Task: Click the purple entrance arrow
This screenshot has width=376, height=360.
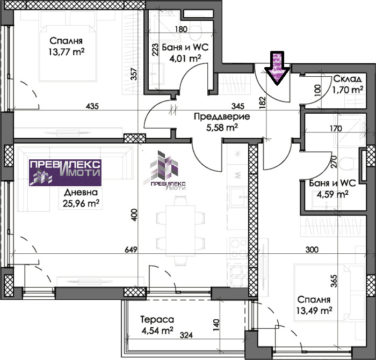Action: (x=278, y=68)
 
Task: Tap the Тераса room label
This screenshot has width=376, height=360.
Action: (x=157, y=320)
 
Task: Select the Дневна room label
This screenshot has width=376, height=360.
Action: (x=81, y=192)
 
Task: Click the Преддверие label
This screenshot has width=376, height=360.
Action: (x=222, y=116)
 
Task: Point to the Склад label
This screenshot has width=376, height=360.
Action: (x=348, y=78)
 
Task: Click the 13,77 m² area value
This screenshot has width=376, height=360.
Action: (x=67, y=52)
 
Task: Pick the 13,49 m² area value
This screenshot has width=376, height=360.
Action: (x=314, y=311)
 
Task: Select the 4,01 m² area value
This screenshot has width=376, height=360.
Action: (x=185, y=58)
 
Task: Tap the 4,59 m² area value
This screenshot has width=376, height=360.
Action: (x=332, y=194)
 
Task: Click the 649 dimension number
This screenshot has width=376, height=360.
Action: (x=131, y=249)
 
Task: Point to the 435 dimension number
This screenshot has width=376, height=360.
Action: (x=92, y=106)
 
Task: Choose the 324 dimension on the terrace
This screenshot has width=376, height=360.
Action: (x=186, y=335)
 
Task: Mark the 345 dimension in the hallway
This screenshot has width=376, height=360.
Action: (x=238, y=106)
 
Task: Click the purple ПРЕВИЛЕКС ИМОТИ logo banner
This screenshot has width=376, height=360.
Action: (x=65, y=173)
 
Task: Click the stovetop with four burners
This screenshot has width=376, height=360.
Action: (x=238, y=248)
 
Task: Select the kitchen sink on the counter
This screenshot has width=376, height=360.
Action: (x=238, y=197)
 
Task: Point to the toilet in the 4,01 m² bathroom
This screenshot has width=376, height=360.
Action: (x=196, y=31)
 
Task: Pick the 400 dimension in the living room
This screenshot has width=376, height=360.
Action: (x=134, y=215)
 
